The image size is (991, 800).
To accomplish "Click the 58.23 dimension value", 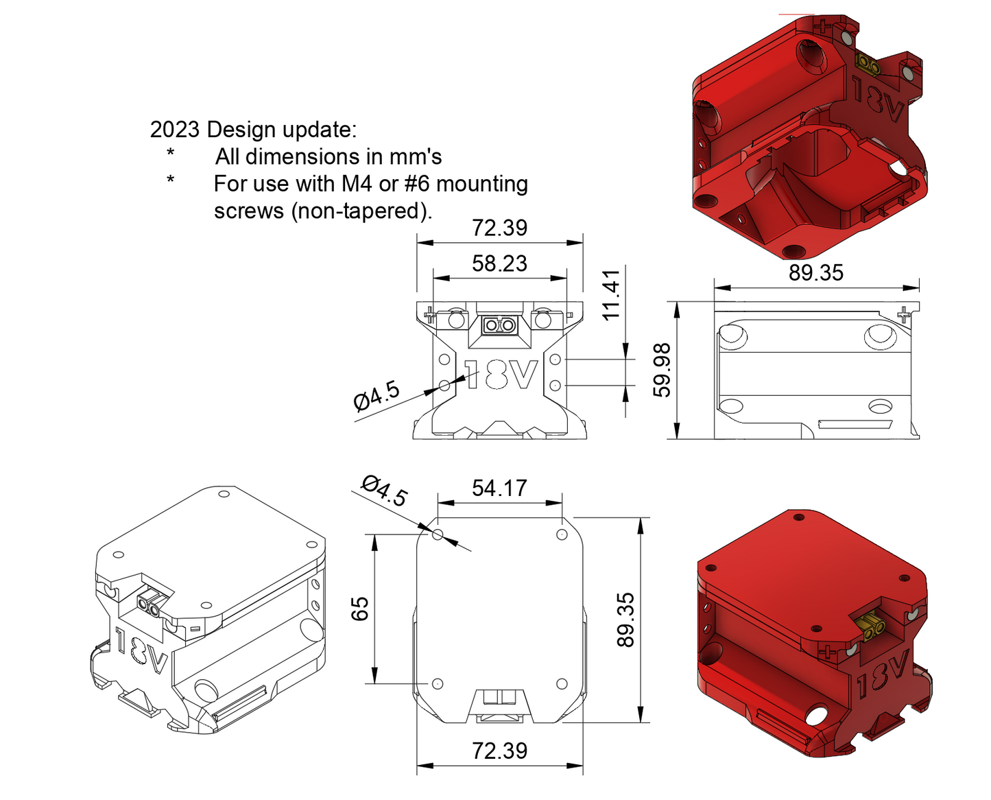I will (x=499, y=263).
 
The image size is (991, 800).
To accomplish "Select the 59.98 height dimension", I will (x=662, y=370).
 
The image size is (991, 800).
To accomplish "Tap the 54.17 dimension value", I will (x=499, y=488).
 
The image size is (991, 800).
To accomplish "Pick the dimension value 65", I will (x=360, y=609).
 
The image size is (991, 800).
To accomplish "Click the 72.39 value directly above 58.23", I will (x=499, y=228).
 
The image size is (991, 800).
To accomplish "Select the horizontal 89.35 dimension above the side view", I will (x=815, y=273).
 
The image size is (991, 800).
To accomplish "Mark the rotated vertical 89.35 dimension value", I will (x=625, y=620).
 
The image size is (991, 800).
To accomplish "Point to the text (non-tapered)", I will (x=362, y=211).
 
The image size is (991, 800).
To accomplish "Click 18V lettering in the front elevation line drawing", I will (x=501, y=375).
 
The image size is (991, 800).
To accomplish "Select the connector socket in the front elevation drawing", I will (x=499, y=325).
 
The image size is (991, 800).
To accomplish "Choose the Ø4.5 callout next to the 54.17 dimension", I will (x=385, y=490).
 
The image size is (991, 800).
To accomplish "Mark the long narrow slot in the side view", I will (x=855, y=424).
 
